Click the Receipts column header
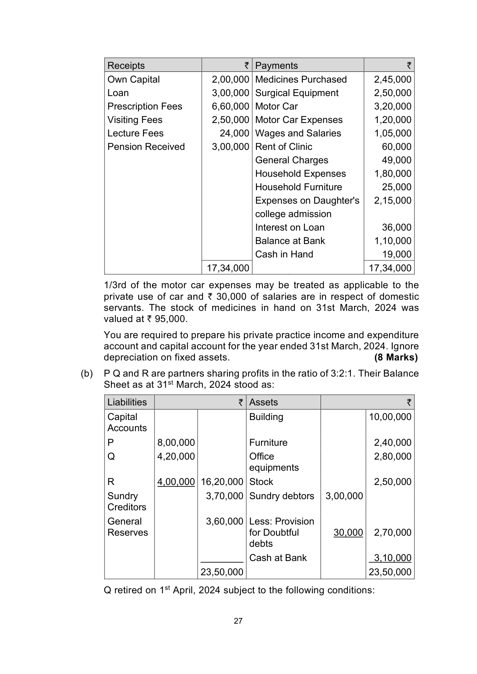click(126, 66)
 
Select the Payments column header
click(276, 66)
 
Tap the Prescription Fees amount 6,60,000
click(230, 106)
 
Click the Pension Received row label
click(146, 147)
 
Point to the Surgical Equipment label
click(297, 93)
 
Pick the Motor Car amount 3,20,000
click(392, 106)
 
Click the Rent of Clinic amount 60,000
click(396, 147)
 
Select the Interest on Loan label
click(290, 227)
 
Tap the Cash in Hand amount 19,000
click(396, 254)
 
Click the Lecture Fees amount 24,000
click(234, 133)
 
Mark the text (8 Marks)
click(396, 357)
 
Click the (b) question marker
click(87, 374)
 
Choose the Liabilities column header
click(127, 402)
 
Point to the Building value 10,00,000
click(390, 417)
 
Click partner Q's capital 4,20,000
click(176, 457)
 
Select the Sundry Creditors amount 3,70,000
click(224, 496)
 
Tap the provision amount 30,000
click(348, 533)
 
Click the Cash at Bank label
click(278, 558)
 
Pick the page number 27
click(238, 621)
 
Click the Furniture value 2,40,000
click(392, 443)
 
